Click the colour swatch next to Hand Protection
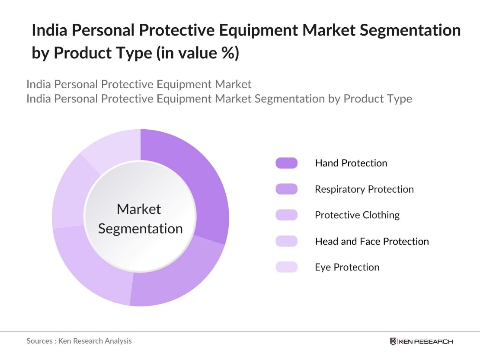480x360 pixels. [x=286, y=163]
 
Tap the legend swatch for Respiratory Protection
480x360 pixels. [x=286, y=189]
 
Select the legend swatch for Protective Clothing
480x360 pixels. [x=286, y=215]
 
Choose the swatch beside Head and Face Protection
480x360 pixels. [x=286, y=241]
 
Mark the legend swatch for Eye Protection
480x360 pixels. [x=286, y=267]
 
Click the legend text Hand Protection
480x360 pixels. [x=351, y=163]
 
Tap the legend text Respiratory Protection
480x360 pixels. [x=364, y=189]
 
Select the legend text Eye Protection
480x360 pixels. [x=347, y=267]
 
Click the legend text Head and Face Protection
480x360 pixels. [x=371, y=241]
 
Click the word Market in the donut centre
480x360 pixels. [x=139, y=209]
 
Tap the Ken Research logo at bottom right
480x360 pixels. [x=421, y=341]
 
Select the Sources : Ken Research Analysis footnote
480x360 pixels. [x=79, y=341]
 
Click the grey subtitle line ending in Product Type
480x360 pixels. [x=219, y=99]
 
